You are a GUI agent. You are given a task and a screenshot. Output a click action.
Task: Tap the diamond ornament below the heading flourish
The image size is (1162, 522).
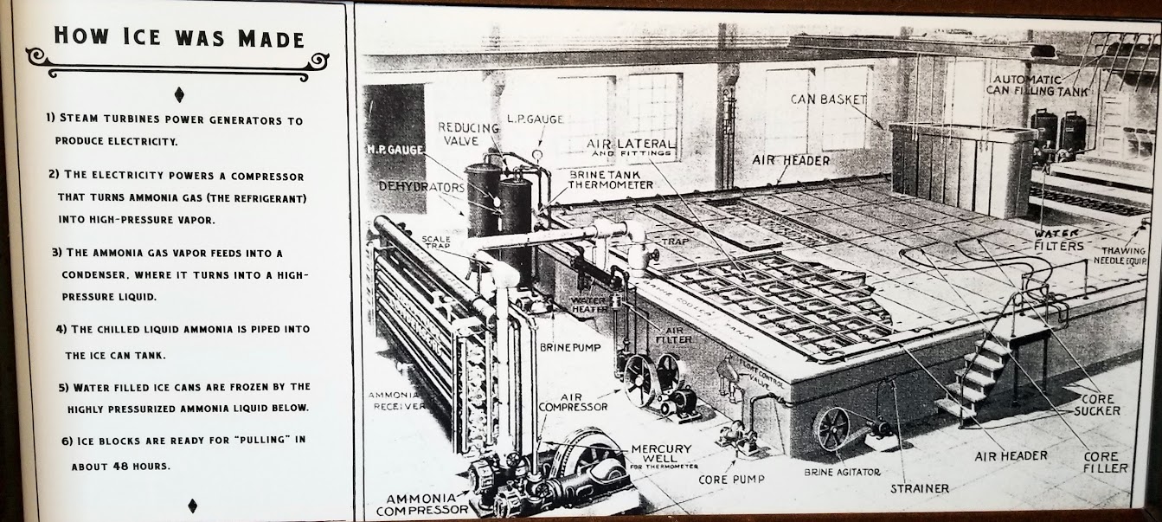(179, 94)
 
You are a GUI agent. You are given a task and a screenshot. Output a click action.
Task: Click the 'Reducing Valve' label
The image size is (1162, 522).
(468, 134)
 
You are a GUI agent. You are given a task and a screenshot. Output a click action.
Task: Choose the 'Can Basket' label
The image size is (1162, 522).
(828, 100)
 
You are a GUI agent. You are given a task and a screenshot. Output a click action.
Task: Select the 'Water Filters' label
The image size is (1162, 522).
(1059, 240)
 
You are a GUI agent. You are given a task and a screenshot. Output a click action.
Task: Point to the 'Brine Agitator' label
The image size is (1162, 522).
(842, 473)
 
